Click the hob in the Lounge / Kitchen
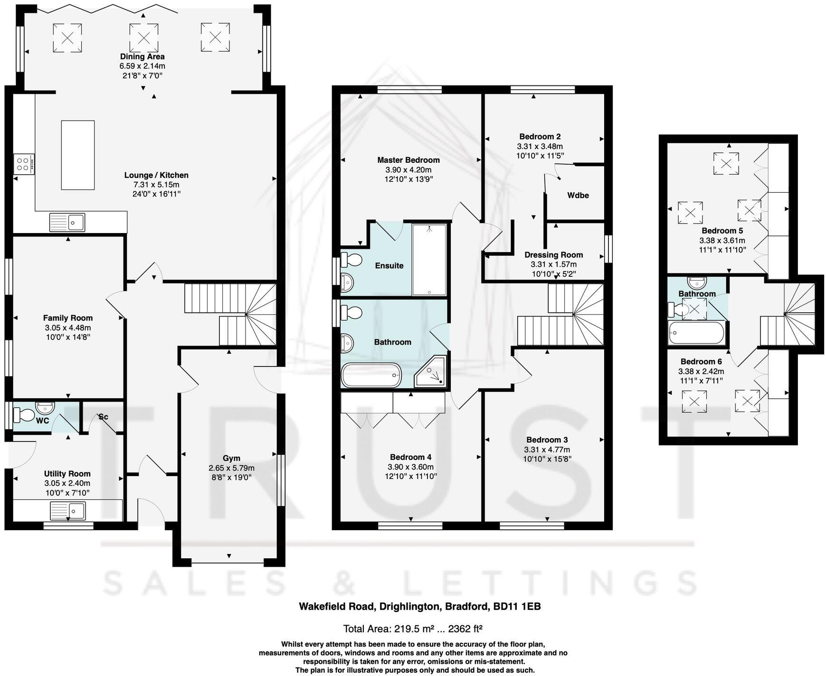(x=24, y=164)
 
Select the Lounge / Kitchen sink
(x=67, y=222)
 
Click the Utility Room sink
(x=67, y=511)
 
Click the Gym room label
(x=231, y=458)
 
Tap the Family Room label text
(x=68, y=318)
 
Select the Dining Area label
(x=142, y=56)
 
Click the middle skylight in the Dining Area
(x=144, y=37)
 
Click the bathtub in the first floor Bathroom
(x=371, y=375)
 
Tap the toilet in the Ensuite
(x=352, y=260)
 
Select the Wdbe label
(x=578, y=195)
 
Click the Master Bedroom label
(x=408, y=160)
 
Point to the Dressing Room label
(x=554, y=255)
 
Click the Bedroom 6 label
(x=701, y=362)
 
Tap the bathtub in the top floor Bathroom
(x=696, y=333)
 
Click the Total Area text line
(x=413, y=629)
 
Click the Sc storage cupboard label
(x=103, y=417)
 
